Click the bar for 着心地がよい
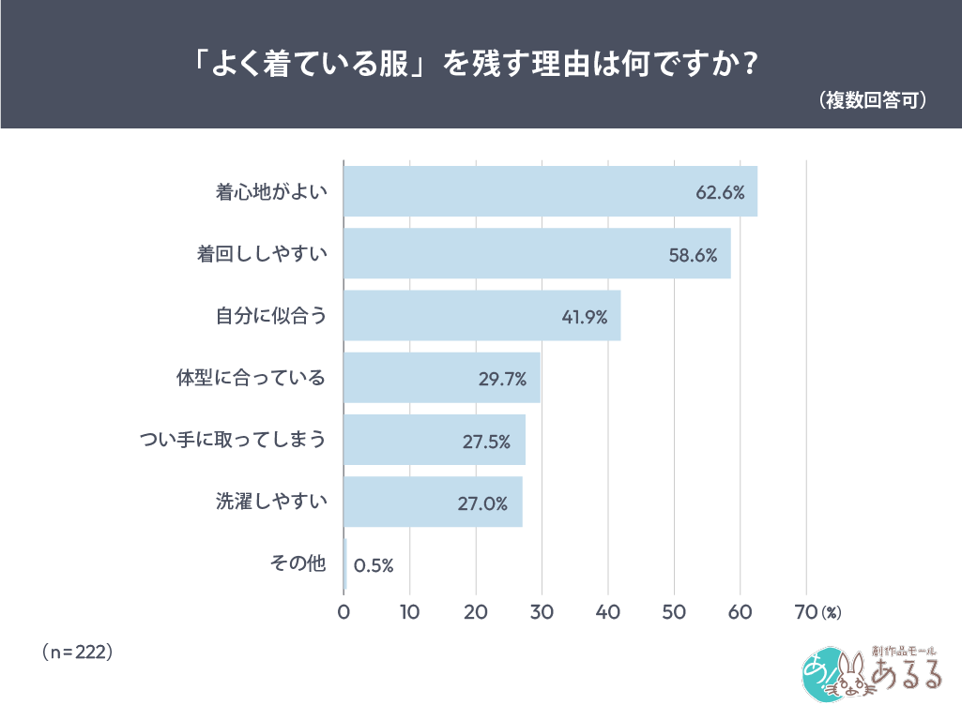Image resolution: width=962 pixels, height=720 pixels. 550,191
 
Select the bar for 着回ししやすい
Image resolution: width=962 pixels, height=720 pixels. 537,253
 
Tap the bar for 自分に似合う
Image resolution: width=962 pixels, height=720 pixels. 481,316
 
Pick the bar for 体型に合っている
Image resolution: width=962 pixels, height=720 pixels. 441,378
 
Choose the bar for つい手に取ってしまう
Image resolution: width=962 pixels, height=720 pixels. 434,440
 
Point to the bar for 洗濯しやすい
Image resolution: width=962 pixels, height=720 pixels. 433,502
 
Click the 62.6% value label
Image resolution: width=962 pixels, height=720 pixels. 720,192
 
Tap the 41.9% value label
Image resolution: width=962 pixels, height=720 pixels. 585,317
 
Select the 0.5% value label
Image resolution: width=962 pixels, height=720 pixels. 374,565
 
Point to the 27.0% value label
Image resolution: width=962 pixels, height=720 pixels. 482,503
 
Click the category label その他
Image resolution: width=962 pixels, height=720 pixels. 298,563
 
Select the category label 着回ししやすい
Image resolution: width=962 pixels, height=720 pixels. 262,253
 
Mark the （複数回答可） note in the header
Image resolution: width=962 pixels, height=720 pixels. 873,99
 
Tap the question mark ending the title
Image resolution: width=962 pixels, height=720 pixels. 750,66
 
